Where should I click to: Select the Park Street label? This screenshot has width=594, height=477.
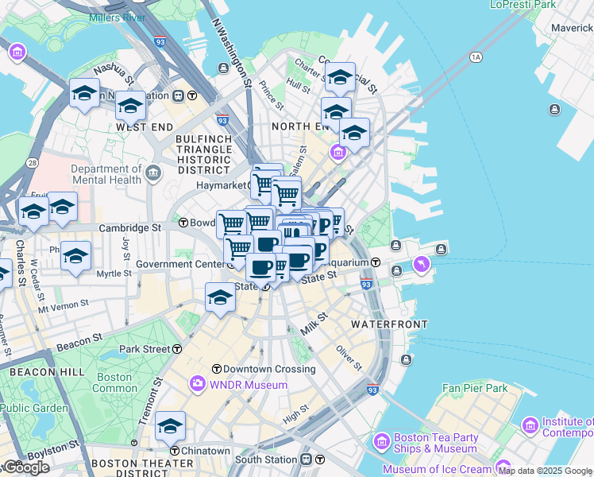click(145, 349)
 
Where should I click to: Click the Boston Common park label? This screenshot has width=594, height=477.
click(114, 383)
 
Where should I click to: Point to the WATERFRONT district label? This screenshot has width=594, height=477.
click(389, 324)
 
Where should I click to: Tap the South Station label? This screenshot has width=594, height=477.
click(266, 460)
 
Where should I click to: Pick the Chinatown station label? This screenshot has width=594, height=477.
click(205, 451)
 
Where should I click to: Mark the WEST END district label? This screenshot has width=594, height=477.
click(145, 127)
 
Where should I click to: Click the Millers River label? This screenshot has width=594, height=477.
click(117, 17)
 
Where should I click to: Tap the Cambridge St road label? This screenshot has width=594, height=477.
click(129, 227)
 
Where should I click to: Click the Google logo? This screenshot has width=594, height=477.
click(26, 467)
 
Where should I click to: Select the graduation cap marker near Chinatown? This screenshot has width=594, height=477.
click(170, 427)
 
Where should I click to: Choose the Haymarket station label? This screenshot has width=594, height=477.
click(226, 185)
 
